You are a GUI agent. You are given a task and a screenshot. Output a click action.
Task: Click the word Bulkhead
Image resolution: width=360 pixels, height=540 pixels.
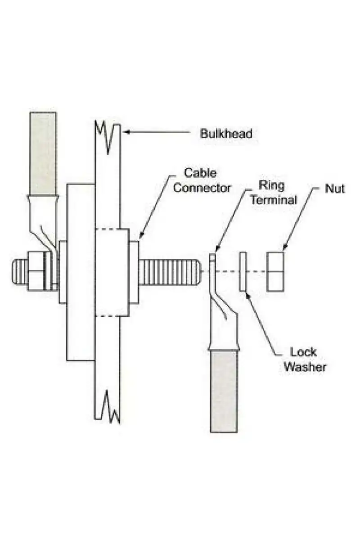[226, 133]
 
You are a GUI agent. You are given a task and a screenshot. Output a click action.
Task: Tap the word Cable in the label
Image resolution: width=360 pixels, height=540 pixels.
[200, 173]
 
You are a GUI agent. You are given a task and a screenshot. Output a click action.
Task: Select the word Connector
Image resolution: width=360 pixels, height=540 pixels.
[202, 188]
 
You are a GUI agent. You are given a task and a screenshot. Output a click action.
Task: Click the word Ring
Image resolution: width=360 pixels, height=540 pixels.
[271, 185]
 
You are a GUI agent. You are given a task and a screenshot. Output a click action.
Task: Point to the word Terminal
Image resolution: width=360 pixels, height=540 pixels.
[274, 200]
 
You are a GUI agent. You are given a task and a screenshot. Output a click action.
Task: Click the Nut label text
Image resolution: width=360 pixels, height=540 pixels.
[335, 189]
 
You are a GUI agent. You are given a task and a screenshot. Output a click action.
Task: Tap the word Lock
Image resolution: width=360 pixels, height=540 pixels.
[303, 352]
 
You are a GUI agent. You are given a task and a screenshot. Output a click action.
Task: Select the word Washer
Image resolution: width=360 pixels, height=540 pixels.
[305, 367]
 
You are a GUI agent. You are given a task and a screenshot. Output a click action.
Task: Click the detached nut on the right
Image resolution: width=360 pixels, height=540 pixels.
[275, 272]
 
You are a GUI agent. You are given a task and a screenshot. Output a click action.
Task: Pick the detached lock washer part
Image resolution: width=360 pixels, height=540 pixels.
[243, 271]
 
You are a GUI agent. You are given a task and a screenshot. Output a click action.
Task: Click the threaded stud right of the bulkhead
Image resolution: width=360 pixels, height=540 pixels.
[170, 271]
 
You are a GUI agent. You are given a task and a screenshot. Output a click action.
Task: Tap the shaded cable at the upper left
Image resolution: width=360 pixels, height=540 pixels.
[43, 153]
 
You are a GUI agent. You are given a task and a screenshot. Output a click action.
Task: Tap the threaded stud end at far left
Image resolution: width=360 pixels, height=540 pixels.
[20, 271]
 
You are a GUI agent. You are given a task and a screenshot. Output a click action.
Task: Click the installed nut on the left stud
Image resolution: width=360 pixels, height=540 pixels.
[36, 271]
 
